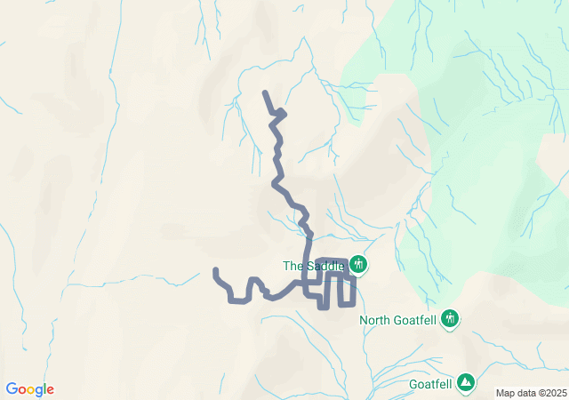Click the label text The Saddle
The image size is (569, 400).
313,265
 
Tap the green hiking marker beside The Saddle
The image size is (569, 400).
358,264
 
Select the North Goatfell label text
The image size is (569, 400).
399,320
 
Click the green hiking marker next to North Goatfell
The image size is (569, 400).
450,318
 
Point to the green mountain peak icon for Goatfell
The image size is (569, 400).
466,383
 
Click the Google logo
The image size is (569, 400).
29,389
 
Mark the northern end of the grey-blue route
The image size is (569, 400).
265,92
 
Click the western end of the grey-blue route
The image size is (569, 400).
215,269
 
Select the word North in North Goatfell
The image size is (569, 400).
375,320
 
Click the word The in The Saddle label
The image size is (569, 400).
293,265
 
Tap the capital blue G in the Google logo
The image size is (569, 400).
12,389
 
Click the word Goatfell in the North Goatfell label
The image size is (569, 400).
413,320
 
